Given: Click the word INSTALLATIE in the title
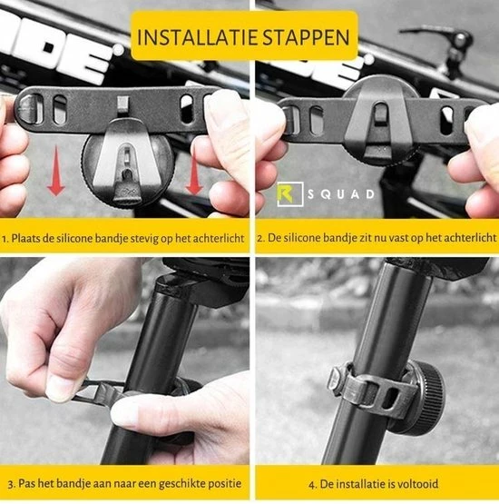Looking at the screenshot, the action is pos(198,37).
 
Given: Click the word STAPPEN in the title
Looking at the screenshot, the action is pos(307,37).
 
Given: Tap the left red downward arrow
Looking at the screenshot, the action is pos(56,171).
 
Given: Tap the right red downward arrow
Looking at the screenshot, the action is pos(194,170).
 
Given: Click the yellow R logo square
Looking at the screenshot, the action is pos(290,193).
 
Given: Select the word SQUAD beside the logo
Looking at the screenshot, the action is pos(341,194).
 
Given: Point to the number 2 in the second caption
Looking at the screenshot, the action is pos(260,239).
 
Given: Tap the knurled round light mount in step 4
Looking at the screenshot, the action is pos(425,398).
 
